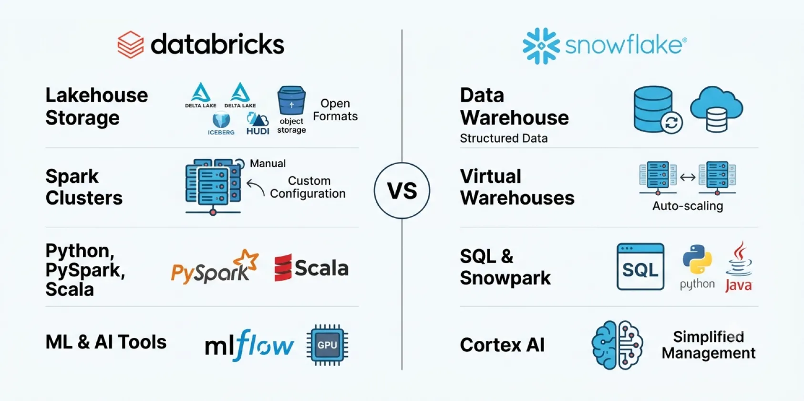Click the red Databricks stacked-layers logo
point(131,44)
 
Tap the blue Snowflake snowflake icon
point(541,46)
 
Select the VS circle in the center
point(402,190)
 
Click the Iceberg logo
point(221,124)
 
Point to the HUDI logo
point(258,124)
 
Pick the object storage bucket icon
point(291,100)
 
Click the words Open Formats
point(335,110)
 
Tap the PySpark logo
point(215,266)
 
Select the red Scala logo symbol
point(283,268)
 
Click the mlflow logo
point(249,345)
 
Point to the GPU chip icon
point(327,345)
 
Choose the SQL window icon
point(641,266)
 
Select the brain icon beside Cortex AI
point(618,345)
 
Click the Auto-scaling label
point(688,206)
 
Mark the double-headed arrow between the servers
point(688,177)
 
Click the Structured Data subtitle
point(504,138)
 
